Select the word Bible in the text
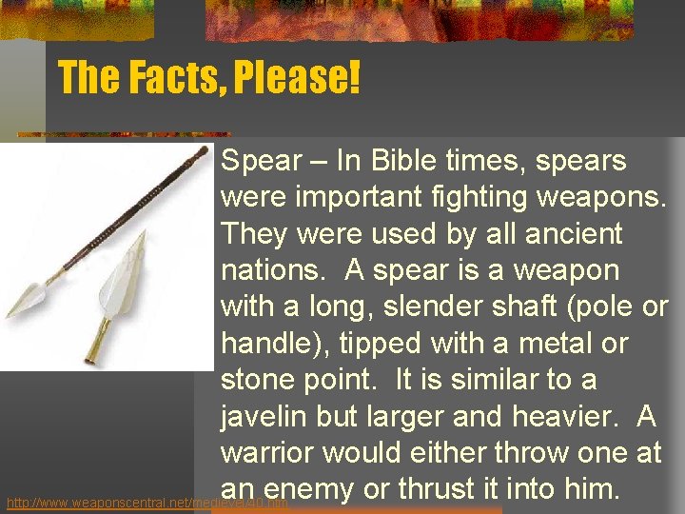tap(403, 161)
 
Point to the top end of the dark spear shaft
tap(203, 150)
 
